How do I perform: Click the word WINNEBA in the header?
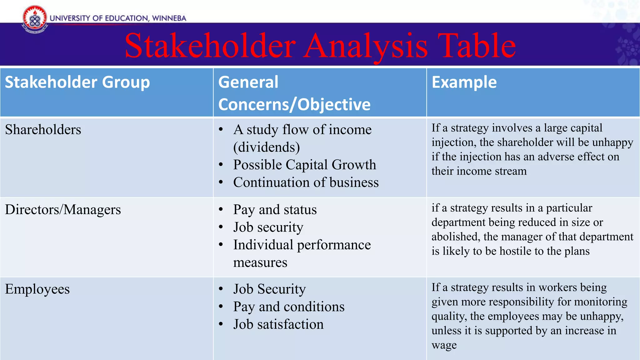click(x=169, y=18)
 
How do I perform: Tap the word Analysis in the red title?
click(x=365, y=46)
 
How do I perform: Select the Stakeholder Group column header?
click(x=77, y=82)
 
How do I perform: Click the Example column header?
click(x=464, y=82)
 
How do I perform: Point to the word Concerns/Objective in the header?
click(x=294, y=104)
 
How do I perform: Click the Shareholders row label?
click(x=43, y=130)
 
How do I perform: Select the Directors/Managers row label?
click(x=63, y=209)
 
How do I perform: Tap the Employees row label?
click(x=37, y=289)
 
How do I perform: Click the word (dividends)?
click(x=267, y=147)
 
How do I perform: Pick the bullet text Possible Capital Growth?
click(x=304, y=165)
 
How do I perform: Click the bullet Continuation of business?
click(x=306, y=182)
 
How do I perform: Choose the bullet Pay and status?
click(x=275, y=210)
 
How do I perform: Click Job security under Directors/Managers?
click(x=268, y=227)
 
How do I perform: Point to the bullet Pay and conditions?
click(x=289, y=307)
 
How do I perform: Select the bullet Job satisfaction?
click(x=278, y=324)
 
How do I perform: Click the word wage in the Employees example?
click(x=444, y=345)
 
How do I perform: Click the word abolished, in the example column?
click(x=456, y=237)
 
